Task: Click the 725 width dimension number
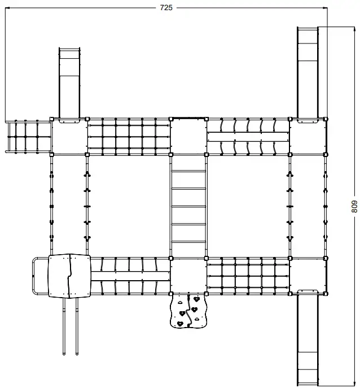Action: pyautogui.click(x=166, y=7)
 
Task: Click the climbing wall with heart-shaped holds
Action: pyautogui.click(x=188, y=311)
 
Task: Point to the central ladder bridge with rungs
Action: pyautogui.click(x=188, y=206)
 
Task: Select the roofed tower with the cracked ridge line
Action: pyautogui.click(x=69, y=276)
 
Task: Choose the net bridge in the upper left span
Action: pyautogui.click(x=129, y=136)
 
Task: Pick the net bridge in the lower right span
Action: pyautogui.click(x=248, y=276)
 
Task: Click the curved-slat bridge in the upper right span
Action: pyautogui.click(x=248, y=136)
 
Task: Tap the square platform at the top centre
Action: pyautogui.click(x=188, y=136)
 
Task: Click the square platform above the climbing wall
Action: pyautogui.click(x=188, y=276)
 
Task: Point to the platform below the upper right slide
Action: pyautogui.click(x=308, y=136)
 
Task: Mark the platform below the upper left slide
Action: pyautogui.click(x=69, y=136)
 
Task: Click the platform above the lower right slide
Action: pyautogui.click(x=308, y=276)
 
